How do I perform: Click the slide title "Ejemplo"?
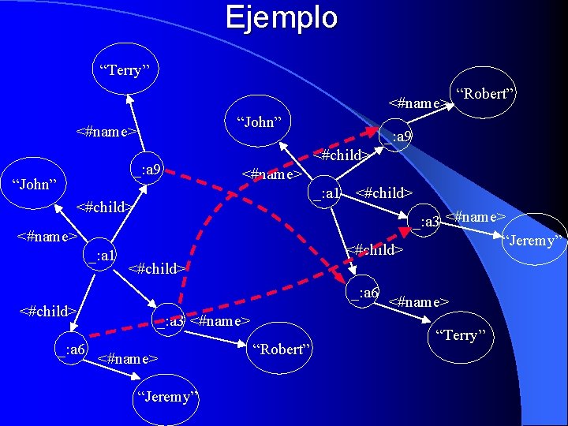coord(282,17)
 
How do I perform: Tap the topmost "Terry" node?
coord(125,70)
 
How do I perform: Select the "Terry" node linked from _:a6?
coord(461,335)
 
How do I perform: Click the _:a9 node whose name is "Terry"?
coord(148,170)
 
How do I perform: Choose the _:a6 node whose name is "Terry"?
coord(364,293)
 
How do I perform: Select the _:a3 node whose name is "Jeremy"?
coord(428,222)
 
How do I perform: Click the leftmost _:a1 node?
coord(102,255)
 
